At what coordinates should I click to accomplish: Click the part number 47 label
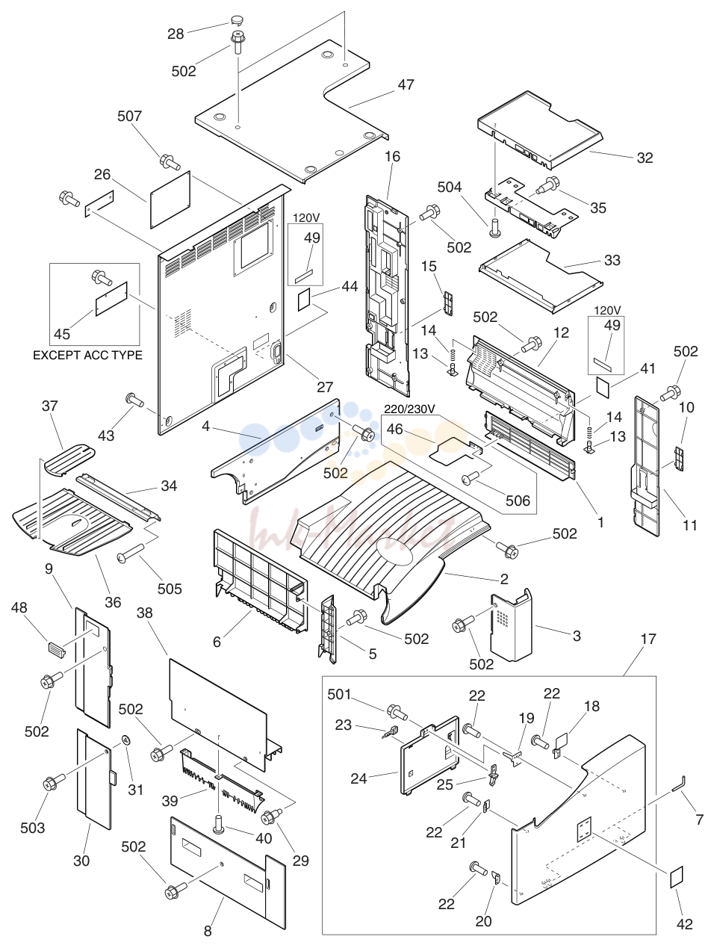pyautogui.click(x=406, y=84)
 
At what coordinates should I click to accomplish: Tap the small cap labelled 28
pyautogui.click(x=236, y=19)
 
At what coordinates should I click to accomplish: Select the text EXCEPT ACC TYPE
pyautogui.click(x=87, y=355)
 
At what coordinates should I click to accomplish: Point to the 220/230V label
pyautogui.click(x=409, y=409)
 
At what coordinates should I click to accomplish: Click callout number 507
pyautogui.click(x=129, y=116)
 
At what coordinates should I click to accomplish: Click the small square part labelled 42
pyautogui.click(x=677, y=877)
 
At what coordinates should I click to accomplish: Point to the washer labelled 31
pyautogui.click(x=126, y=740)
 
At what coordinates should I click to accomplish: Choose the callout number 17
pyautogui.click(x=648, y=639)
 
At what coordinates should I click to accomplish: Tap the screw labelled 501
pyautogui.click(x=397, y=712)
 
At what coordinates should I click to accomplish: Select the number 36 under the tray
pyautogui.click(x=113, y=602)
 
